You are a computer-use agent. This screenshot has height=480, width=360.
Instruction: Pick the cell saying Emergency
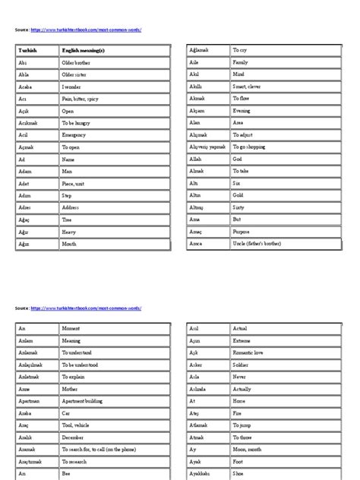[75, 134]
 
